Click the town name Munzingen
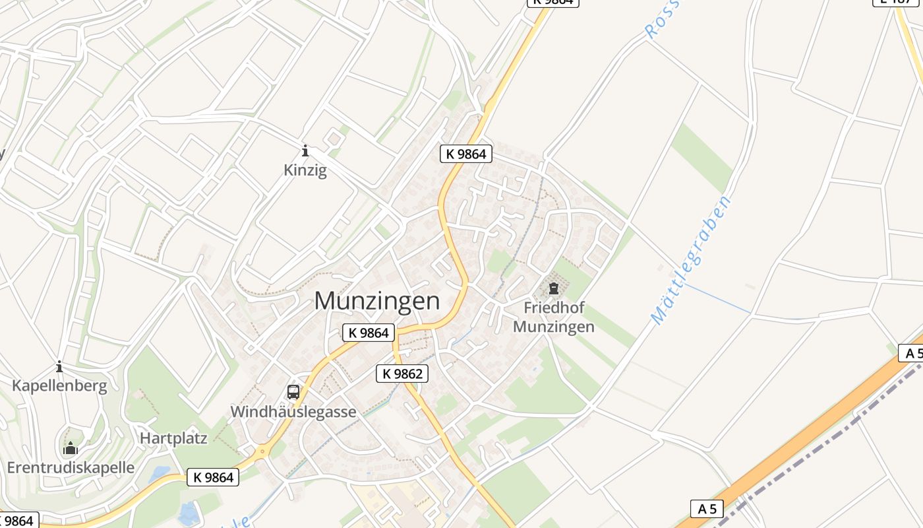click(x=376, y=301)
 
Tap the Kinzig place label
click(x=305, y=170)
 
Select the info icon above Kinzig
click(x=305, y=150)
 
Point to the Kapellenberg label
click(x=59, y=386)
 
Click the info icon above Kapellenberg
click(x=59, y=366)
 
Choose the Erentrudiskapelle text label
click(x=71, y=468)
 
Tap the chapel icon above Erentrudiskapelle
click(x=71, y=449)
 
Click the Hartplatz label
click(x=173, y=438)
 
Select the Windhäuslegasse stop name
click(x=293, y=412)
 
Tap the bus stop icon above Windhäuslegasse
click(x=293, y=392)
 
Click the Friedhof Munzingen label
click(x=554, y=317)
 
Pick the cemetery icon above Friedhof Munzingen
click(x=554, y=288)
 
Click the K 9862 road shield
click(x=402, y=374)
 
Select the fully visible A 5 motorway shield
click(x=707, y=509)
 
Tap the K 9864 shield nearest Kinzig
click(x=466, y=154)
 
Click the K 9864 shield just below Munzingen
click(x=369, y=333)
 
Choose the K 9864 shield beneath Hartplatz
click(x=213, y=477)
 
